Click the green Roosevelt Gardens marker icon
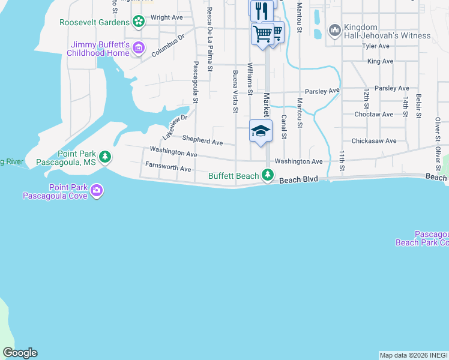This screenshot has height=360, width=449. pos(139,22)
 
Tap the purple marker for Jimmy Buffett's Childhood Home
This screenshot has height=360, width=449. pos(139,47)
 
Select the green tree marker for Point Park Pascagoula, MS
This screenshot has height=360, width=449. pos(106,157)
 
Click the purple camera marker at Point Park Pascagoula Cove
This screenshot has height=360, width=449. pos(97,191)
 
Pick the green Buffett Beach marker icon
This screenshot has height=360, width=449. pos(267,176)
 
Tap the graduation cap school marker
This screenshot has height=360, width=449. pos(261,131)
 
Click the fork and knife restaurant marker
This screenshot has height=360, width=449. pos(261,10)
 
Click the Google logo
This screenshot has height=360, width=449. pos(20,353)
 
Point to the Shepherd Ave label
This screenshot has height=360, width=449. pos(203,141)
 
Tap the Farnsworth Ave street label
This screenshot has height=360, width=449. pos(167,166)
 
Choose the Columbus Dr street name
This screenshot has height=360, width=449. pos(167,46)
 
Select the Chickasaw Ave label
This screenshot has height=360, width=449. pos(375,141)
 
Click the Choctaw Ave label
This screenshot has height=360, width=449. pos(374,114)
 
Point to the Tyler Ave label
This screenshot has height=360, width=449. pos(376,46)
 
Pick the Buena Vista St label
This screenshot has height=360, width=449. pos(235,91)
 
